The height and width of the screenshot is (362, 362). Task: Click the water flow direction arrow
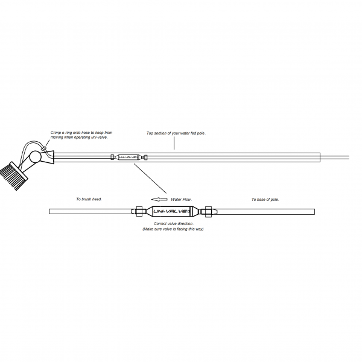point(159,199)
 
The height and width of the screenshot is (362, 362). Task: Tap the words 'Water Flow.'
point(181,199)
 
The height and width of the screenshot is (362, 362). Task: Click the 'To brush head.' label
point(89,199)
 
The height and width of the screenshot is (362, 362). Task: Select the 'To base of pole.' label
point(265,199)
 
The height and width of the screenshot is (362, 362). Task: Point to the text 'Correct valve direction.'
point(173,224)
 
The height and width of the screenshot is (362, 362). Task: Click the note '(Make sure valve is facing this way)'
point(173,229)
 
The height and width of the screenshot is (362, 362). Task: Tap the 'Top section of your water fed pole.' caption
point(176,133)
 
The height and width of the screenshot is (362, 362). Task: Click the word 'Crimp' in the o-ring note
point(56,132)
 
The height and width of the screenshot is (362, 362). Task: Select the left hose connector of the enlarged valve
point(138,212)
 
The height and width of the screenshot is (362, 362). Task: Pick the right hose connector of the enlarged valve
point(208,212)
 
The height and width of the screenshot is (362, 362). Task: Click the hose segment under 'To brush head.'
point(91,212)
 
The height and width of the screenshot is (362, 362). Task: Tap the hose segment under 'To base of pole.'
point(265,212)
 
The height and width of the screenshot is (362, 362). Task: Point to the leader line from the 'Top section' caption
point(174,142)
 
